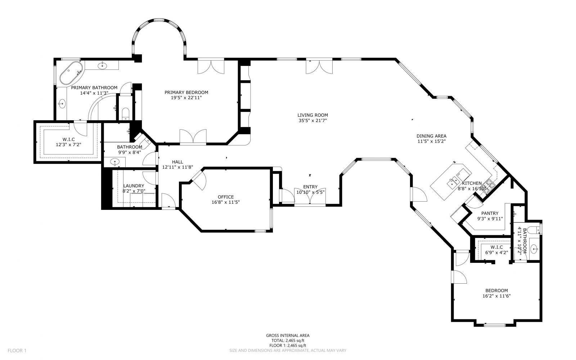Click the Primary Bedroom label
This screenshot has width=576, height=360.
tap(186, 92)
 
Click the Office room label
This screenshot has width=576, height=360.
tap(226, 197)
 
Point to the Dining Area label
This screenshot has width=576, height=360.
tap(431, 136)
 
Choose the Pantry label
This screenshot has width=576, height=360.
tap(490, 213)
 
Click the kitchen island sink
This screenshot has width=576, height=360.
tap(451, 184)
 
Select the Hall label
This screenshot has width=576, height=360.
tap(177, 162)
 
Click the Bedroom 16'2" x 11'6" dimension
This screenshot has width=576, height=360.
tap(496, 296)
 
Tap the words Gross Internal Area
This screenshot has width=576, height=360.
tap(288, 336)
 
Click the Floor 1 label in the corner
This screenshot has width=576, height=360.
tap(17, 350)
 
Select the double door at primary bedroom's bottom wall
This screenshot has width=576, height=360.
tap(193, 138)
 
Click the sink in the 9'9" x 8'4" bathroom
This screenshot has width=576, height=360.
tap(115, 162)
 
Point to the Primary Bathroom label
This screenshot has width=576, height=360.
tap(94, 87)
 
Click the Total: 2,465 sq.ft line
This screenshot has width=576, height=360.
tap(288, 340)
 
